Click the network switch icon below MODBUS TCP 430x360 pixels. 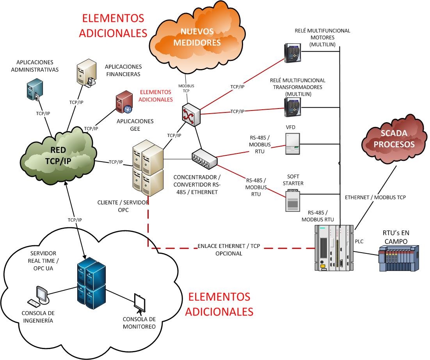tap(190, 114)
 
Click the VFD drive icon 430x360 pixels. tap(293, 144)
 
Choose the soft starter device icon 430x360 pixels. tap(293, 201)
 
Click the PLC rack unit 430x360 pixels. tap(334, 248)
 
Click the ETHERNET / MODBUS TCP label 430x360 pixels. tap(375, 198)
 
